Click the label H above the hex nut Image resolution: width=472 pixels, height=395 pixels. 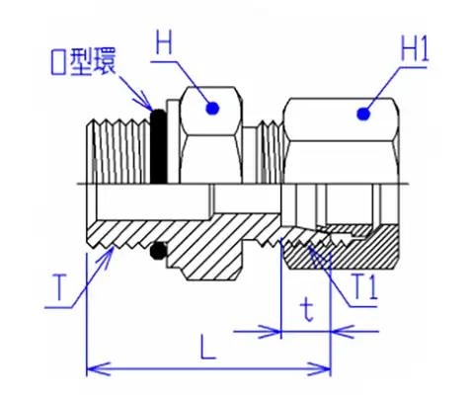pyautogui.click(x=164, y=41)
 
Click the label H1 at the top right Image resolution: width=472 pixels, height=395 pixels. pyautogui.click(x=415, y=49)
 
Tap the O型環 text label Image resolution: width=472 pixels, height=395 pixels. pyautogui.click(x=83, y=61)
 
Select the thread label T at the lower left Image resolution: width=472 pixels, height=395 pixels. pyautogui.click(x=60, y=288)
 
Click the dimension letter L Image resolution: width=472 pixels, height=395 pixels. pyautogui.click(x=208, y=347)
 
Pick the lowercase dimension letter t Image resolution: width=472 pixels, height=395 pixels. pyautogui.click(x=307, y=310)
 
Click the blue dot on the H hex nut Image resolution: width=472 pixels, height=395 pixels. pyautogui.click(x=212, y=109)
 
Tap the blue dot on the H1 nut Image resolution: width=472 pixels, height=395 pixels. pyautogui.click(x=363, y=114)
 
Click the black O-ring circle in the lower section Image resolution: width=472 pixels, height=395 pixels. pyautogui.click(x=159, y=251)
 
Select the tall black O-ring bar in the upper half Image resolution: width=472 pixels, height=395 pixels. pyautogui.click(x=159, y=146)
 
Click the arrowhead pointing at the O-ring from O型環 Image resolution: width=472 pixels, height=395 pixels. pyautogui.click(x=147, y=102)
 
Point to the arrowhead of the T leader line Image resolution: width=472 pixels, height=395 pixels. pyautogui.click(x=108, y=255)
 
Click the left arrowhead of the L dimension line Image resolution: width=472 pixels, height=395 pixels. pyautogui.click(x=97, y=368)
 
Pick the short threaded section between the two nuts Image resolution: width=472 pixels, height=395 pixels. pyautogui.click(x=271, y=152)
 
